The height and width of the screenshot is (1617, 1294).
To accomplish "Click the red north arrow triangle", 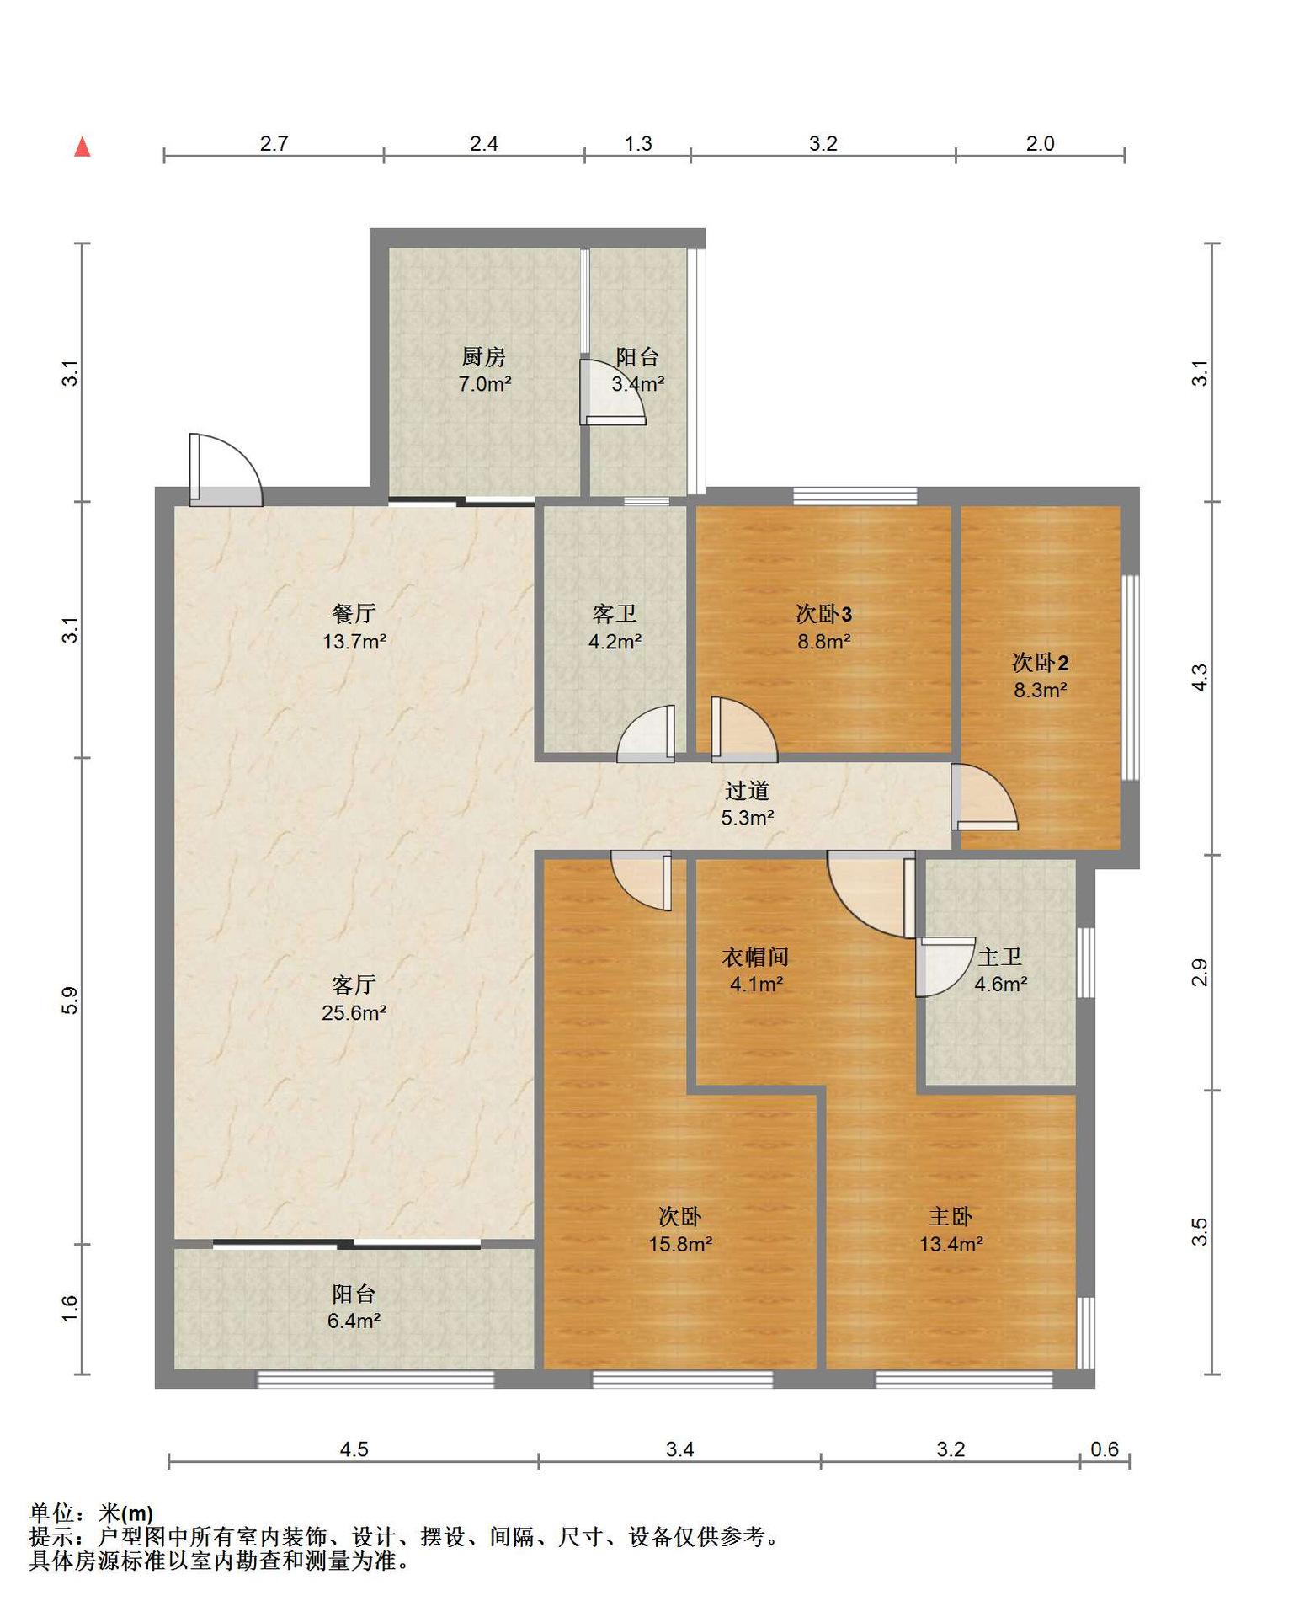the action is point(83,147).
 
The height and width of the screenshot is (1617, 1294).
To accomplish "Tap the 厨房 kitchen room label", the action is point(483,357).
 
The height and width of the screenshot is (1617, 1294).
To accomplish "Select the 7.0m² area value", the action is point(485,385).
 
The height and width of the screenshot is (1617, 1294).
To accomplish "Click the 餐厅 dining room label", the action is point(354,613).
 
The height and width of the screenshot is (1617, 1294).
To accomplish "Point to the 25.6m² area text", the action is point(354,1012).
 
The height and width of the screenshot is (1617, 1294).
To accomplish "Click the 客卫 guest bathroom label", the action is point(615,613).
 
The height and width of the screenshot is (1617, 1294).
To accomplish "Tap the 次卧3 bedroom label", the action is point(824,613).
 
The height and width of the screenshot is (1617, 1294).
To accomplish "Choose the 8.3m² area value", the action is point(1041,691).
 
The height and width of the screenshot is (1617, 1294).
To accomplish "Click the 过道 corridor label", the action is point(748,790).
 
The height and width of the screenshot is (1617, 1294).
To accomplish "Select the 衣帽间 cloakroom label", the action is point(756,957).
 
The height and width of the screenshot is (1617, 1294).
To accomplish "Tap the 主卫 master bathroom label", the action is point(1000,957).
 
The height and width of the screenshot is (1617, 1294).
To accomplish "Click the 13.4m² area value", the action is point(951,1244).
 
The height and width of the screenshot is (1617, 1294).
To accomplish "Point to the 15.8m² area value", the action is point(680,1244).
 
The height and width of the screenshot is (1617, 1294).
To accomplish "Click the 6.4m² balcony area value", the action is point(354,1321).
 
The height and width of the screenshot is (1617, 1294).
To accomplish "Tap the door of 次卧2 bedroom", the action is point(984,797).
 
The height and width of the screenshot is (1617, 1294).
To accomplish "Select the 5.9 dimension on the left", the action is point(71,1000).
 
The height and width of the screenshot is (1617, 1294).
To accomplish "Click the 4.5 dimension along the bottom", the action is point(354,1449).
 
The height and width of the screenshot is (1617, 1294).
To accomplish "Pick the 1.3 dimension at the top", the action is point(638,144).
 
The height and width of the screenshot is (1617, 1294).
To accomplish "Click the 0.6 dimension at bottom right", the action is point(1105,1449).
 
